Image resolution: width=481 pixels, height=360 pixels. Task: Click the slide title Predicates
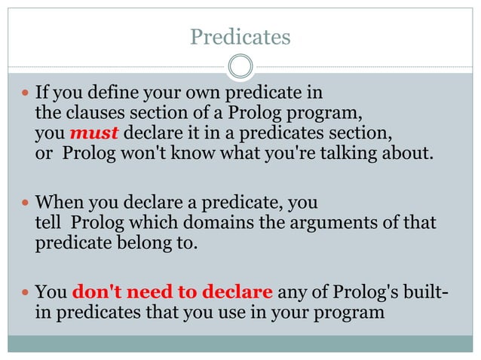point(240,37)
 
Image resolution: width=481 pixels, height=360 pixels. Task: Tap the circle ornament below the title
point(240,66)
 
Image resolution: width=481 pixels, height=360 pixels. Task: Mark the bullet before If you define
point(24,95)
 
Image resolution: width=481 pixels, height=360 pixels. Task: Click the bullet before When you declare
point(24,204)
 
